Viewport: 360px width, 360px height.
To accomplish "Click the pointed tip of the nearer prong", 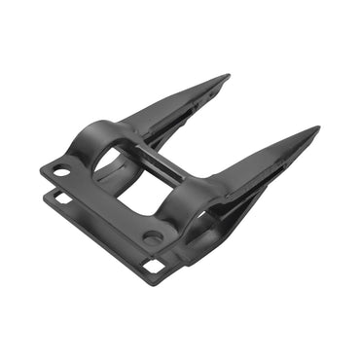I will (317, 129).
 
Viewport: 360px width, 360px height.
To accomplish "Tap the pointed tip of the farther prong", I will (228, 76).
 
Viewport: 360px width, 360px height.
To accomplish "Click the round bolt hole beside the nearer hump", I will (152, 236).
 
